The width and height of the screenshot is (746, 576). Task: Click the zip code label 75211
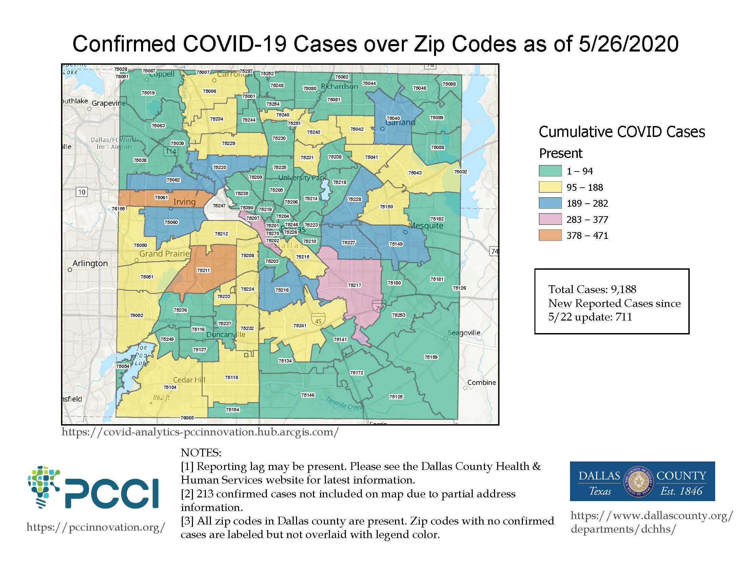203,270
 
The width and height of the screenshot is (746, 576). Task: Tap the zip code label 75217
354,285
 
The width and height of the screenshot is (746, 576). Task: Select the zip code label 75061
161,198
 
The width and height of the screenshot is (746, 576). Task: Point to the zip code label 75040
393,118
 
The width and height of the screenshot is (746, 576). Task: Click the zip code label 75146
308,395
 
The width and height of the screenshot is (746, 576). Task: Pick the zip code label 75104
170,387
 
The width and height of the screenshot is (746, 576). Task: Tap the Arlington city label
90,263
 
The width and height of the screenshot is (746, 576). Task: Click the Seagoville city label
464,333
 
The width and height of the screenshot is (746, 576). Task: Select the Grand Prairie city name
164,254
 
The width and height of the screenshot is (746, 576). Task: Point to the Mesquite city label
426,226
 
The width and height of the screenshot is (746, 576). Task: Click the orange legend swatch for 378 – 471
550,235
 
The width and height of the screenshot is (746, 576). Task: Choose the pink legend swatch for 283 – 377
550,220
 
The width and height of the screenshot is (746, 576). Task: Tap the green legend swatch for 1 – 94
550,171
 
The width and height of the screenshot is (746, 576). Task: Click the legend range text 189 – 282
587,203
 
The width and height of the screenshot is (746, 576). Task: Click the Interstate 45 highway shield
318,320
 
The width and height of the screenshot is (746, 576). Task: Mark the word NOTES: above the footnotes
201,453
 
